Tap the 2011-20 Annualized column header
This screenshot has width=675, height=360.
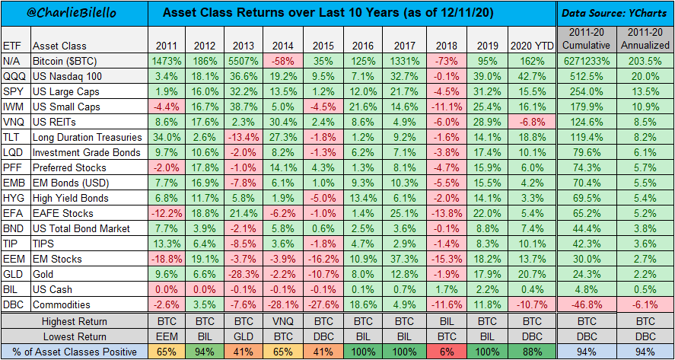[645, 39]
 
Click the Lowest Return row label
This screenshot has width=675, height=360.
[75, 336]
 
